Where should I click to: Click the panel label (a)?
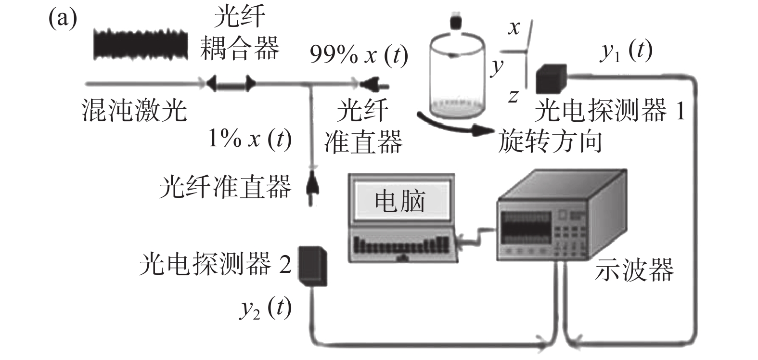click(62, 20)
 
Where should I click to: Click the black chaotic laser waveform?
click(140, 44)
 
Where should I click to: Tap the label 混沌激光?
click(134, 110)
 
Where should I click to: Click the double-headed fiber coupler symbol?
click(231, 84)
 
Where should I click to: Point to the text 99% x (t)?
click(359, 56)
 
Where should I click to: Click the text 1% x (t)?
click(250, 139)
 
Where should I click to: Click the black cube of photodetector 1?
click(551, 78)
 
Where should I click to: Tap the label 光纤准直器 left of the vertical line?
click(225, 186)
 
